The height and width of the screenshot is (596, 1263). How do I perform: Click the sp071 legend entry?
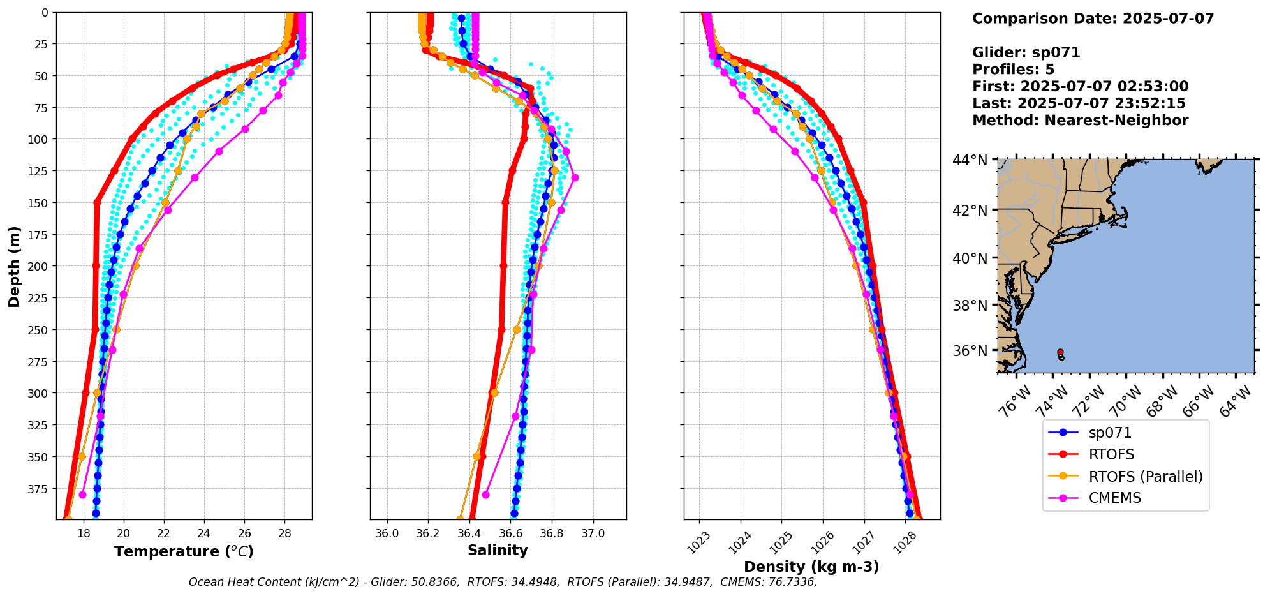[1110, 433]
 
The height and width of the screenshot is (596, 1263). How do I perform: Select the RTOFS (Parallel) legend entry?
[1145, 477]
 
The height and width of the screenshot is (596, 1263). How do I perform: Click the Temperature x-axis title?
[184, 551]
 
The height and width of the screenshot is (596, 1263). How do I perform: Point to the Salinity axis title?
[498, 551]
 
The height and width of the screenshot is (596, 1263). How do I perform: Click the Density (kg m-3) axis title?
[811, 567]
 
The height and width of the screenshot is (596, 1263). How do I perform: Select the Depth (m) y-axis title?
[14, 266]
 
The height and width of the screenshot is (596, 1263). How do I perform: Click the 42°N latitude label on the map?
[970, 211]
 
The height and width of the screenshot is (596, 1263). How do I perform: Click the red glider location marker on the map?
[1060, 352]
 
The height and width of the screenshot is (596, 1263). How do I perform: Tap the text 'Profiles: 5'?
[1013, 70]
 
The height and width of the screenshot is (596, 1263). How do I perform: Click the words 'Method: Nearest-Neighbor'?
[1080, 121]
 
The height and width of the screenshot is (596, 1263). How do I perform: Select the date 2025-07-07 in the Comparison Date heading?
[1168, 19]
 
